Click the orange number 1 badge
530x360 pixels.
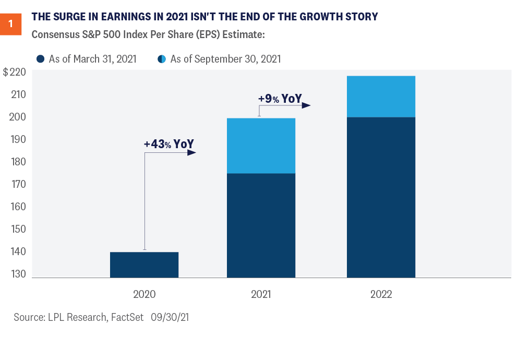tap(11, 24)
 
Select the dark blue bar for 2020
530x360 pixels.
tap(144, 265)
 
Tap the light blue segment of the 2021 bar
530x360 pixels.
tap(261, 146)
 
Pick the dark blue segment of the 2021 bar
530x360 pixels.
tap(261, 225)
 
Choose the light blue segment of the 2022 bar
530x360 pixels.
tap(381, 97)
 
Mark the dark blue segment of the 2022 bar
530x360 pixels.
tap(381, 197)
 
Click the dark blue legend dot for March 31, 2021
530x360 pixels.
tap(41, 59)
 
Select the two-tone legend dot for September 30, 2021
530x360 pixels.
tap(162, 59)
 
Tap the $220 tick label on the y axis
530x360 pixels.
tap(15, 73)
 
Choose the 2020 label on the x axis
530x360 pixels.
tap(144, 294)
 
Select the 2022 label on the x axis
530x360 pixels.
tap(381, 294)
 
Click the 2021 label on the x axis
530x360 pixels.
tap(261, 294)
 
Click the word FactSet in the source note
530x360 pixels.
tap(127, 317)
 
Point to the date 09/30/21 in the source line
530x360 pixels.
tap(170, 317)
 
